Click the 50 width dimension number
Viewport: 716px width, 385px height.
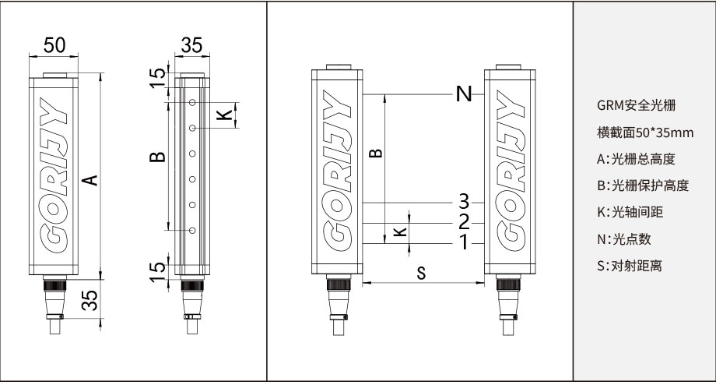54,45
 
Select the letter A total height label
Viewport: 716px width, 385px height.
91,181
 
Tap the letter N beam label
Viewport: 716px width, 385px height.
464,95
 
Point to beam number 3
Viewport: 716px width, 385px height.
464,201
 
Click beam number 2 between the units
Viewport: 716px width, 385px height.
464,222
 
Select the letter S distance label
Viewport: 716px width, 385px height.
421,273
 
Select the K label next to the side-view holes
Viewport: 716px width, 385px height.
224,115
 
